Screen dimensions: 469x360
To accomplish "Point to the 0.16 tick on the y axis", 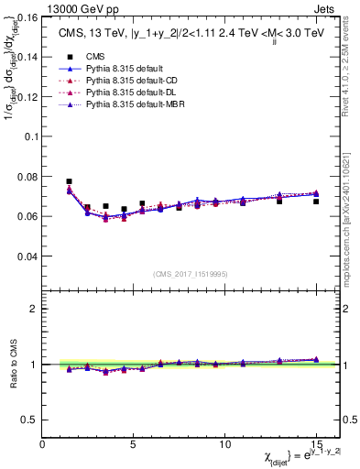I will (x=27, y=16).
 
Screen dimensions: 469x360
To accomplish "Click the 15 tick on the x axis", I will (x=316, y=443).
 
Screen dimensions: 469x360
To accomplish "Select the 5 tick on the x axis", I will (x=134, y=443).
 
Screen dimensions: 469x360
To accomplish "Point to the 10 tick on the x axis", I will (x=224, y=443).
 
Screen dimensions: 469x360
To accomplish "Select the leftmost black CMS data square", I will (x=70, y=181).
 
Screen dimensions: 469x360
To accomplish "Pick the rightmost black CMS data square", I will (x=316, y=202).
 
